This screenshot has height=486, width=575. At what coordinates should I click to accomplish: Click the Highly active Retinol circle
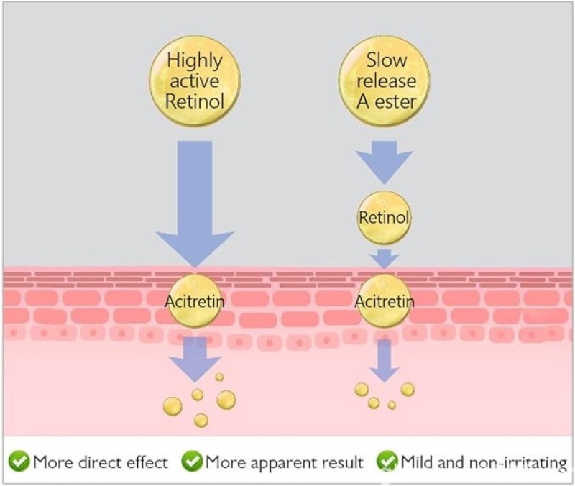(x=195, y=81)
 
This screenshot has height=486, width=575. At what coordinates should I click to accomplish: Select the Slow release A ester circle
(x=385, y=81)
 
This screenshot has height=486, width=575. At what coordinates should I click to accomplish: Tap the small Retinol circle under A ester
(x=385, y=218)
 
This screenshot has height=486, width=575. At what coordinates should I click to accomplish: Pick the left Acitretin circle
(x=195, y=301)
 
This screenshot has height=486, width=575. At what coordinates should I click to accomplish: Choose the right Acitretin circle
(x=385, y=301)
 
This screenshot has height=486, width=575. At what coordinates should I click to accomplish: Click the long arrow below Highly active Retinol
(x=195, y=204)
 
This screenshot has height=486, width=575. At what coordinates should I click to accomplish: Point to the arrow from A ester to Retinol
(x=385, y=162)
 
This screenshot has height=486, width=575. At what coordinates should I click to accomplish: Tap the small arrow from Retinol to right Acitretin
(x=385, y=259)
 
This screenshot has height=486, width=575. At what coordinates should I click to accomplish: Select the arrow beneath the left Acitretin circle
(x=195, y=359)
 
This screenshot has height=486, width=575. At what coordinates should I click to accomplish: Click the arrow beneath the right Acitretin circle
(x=385, y=361)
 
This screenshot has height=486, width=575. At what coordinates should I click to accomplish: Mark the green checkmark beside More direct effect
(x=19, y=461)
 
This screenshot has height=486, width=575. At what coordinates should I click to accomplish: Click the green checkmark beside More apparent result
(x=192, y=461)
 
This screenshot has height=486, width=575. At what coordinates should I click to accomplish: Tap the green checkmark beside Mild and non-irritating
(x=387, y=461)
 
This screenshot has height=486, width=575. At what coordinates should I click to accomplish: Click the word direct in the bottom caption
(x=100, y=462)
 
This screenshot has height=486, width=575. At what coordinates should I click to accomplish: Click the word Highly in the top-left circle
(x=195, y=61)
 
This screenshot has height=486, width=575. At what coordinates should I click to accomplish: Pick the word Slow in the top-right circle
(x=387, y=60)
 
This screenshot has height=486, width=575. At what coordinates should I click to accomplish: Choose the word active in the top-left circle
(x=195, y=81)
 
